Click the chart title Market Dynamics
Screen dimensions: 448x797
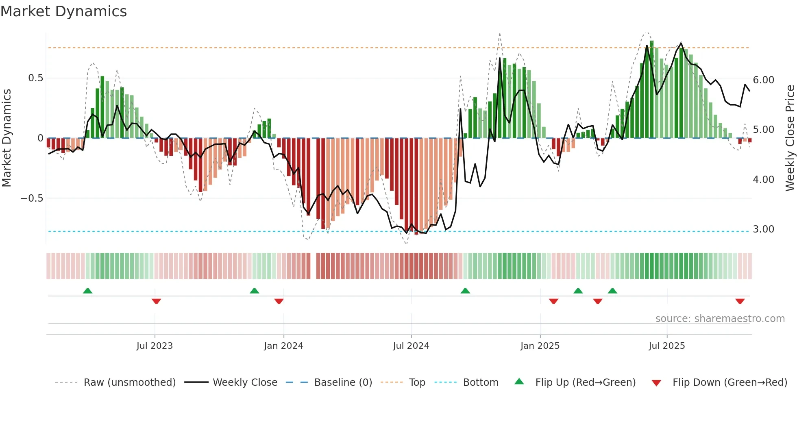63,11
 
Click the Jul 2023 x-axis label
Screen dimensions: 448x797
155,346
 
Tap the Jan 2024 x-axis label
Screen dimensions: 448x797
283,346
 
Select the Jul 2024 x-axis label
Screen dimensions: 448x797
411,346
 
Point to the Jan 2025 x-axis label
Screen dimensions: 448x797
540,346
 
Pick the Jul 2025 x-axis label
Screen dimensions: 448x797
667,346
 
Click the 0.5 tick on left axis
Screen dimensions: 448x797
35,78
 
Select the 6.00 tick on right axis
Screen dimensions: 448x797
763,80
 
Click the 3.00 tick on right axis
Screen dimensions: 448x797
763,229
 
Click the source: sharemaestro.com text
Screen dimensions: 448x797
720,319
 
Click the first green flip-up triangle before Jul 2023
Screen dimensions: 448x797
87,291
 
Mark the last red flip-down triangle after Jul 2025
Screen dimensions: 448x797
740,301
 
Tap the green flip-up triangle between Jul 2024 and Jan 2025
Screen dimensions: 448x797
465,291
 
